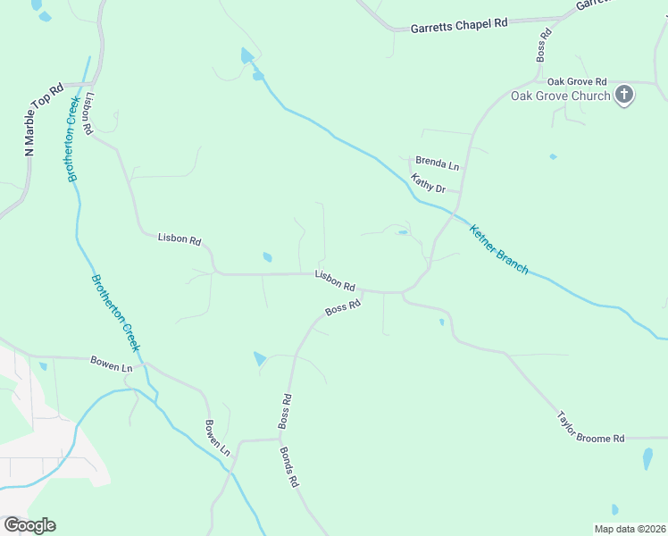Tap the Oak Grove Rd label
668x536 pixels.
click(577, 81)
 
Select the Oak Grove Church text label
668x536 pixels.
click(560, 96)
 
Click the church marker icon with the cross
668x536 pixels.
click(623, 95)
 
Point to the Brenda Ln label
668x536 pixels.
click(437, 166)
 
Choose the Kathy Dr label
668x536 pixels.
click(428, 184)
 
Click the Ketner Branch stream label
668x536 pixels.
click(499, 248)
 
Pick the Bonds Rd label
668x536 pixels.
click(288, 467)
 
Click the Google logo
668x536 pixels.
click(29, 524)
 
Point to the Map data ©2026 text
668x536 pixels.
click(629, 529)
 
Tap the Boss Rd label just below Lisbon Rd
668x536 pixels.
click(342, 308)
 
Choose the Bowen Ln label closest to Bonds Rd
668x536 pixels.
click(218, 436)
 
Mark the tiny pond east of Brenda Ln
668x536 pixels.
click(553, 157)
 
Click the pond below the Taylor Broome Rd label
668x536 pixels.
click(647, 458)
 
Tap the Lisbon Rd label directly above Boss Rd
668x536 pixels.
click(335, 281)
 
